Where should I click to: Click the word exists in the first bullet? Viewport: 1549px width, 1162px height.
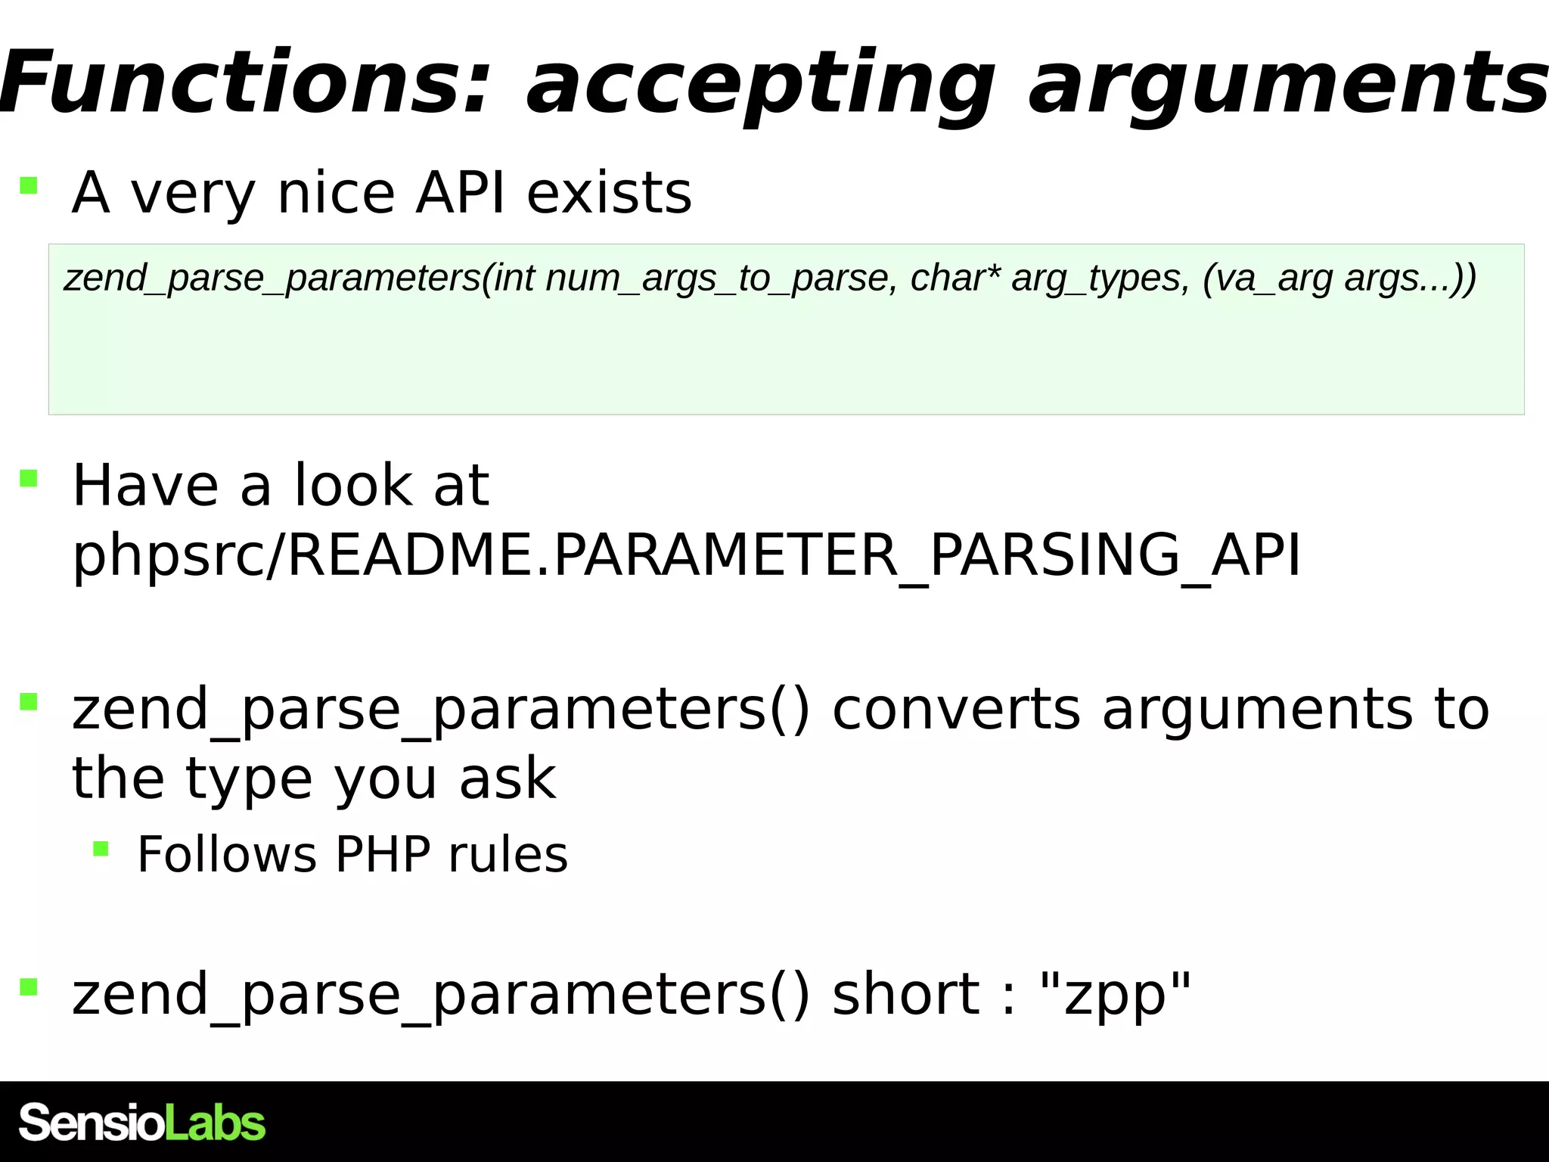[x=609, y=193]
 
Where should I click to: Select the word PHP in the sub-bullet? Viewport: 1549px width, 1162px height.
[x=383, y=855]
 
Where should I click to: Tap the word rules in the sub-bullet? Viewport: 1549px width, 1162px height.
[x=508, y=855]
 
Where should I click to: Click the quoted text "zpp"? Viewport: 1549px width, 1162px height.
[x=1116, y=995]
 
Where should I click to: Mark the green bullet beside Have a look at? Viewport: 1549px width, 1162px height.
[x=29, y=478]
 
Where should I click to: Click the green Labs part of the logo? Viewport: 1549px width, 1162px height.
[x=215, y=1123]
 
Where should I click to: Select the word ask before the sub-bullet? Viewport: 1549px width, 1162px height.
[x=508, y=778]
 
